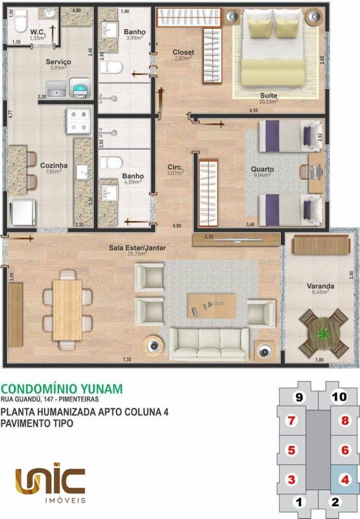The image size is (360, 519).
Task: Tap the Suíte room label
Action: point(269,96)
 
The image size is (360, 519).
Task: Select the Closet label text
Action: point(184,52)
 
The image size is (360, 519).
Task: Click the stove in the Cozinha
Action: point(78,120)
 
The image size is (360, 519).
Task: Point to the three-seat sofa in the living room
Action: point(209,344)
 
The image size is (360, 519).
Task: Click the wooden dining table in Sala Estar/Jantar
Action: point(67,309)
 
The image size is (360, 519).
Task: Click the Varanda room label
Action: point(320,286)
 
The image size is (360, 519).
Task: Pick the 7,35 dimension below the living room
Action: point(128,359)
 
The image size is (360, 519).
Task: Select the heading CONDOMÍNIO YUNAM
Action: point(62,389)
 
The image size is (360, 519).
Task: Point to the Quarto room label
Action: point(262,169)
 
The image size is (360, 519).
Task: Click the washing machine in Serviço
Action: point(79,89)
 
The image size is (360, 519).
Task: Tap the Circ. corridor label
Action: point(174,167)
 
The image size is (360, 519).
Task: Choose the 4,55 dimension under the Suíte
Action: point(254,110)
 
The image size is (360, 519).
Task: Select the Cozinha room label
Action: point(51,166)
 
